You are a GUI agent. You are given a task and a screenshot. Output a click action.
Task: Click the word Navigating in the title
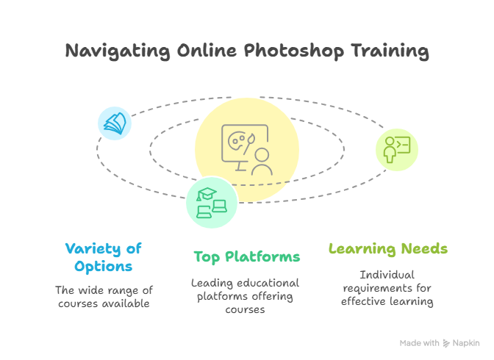click(118, 51)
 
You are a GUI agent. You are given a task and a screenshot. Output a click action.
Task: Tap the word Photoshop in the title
click(293, 51)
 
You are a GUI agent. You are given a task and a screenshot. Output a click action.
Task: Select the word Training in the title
click(390, 51)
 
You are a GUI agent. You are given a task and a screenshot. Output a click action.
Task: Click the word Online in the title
click(207, 51)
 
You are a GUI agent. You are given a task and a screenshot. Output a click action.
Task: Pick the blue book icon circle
click(115, 123)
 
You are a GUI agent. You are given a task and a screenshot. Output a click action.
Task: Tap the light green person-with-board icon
click(397, 150)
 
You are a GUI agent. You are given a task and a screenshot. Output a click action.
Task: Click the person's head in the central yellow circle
click(262, 155)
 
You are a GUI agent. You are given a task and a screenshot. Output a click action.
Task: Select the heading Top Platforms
click(247, 257)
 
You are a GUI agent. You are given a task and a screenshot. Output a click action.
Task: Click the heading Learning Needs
click(388, 249)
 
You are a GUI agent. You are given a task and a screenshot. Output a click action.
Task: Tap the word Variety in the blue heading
click(93, 249)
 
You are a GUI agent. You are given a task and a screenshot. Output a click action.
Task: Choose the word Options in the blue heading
click(104, 267)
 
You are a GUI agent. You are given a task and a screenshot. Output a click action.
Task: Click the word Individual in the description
click(387, 275)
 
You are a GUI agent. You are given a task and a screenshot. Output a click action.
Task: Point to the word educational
click(268, 283)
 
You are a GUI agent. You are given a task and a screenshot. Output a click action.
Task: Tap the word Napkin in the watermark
click(466, 343)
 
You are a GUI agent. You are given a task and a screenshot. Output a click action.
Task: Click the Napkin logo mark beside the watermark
click(446, 343)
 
